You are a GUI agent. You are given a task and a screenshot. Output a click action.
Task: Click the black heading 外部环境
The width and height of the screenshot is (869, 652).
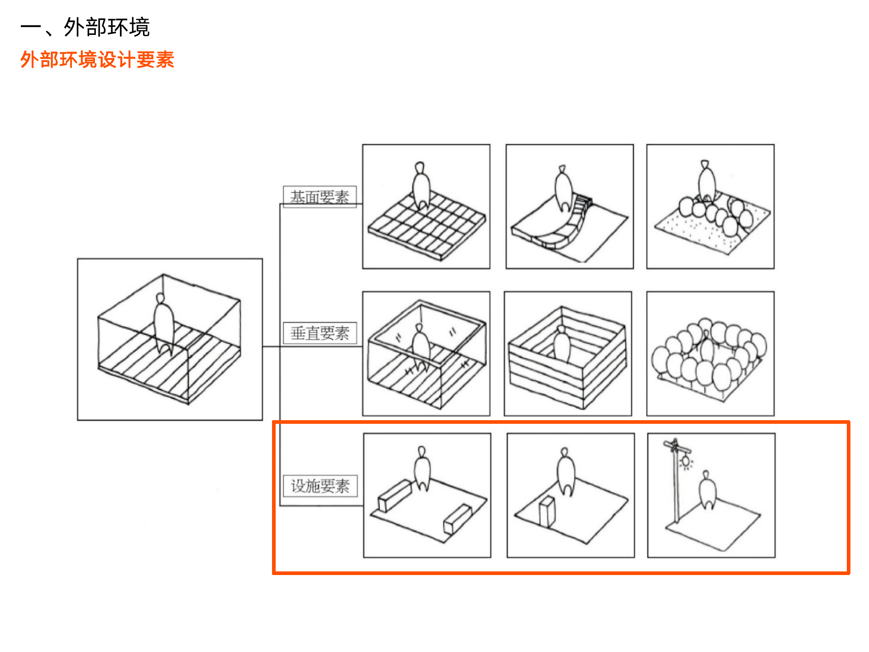pos(107,27)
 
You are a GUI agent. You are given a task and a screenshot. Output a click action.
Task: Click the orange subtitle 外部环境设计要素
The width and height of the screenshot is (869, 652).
pos(97,60)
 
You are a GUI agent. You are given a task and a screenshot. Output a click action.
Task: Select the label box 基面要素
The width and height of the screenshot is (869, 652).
pos(320,197)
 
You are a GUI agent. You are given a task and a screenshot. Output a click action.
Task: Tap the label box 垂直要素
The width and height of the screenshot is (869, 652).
pos(320,333)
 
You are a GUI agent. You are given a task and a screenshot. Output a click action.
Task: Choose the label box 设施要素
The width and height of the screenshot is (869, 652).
pos(320,486)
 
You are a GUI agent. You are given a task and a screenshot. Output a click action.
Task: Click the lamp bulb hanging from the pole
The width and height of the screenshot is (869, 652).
pos(687,462)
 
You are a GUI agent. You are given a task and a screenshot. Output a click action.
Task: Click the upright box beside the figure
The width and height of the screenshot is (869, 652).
pos(547,511)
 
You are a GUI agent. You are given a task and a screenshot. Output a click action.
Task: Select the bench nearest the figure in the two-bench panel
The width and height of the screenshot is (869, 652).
pos(395,495)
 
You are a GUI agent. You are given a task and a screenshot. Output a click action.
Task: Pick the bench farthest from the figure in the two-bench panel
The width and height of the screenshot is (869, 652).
pos(458,519)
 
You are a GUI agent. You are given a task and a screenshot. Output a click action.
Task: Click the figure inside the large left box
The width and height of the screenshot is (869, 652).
pos(163,324)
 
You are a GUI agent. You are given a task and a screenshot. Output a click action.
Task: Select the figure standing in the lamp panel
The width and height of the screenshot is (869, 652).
pos(707,490)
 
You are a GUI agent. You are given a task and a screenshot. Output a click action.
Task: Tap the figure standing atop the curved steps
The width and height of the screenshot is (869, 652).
pos(563,188)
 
